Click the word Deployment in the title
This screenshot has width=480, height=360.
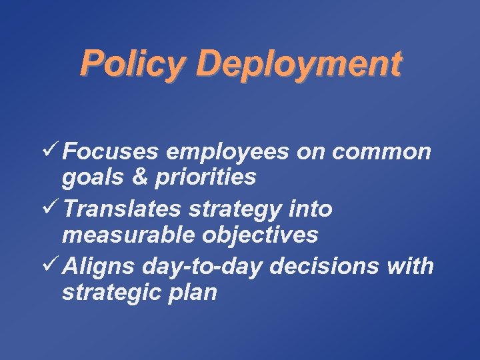click(299, 65)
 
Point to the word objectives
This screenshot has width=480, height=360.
click(263, 235)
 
